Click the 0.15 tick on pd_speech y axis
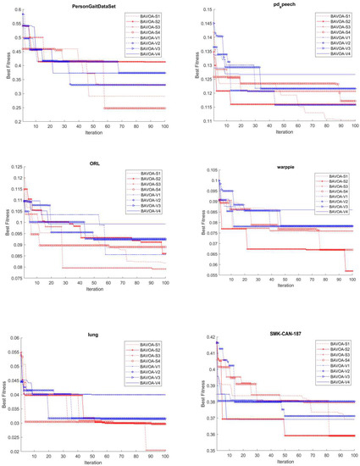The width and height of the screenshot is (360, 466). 197,11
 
